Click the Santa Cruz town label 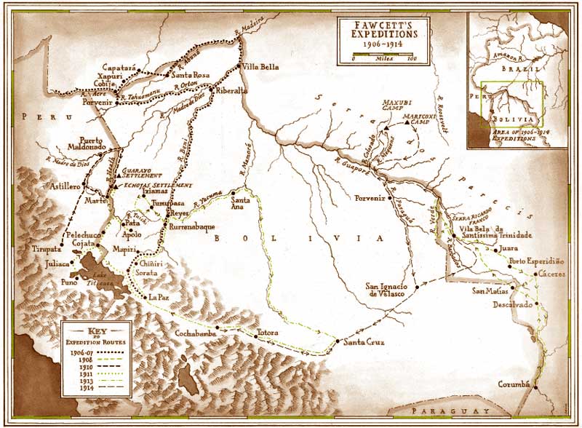(364, 343)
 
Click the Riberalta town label (232, 91)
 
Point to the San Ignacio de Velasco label (386, 288)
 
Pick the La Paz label (158, 297)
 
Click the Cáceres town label (547, 275)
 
